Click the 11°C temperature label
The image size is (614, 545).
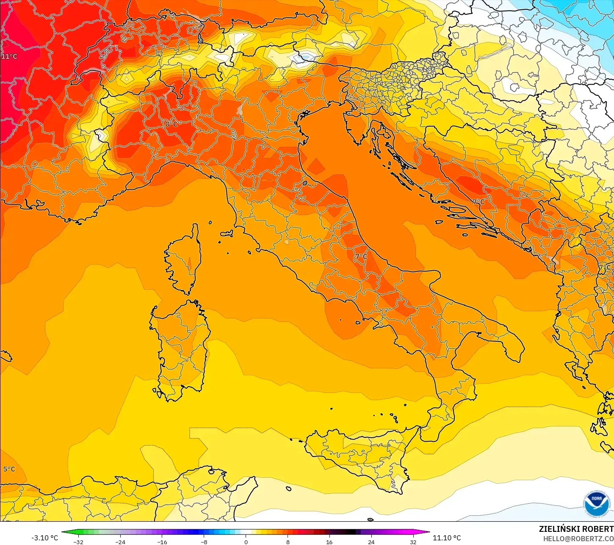pos(9,57)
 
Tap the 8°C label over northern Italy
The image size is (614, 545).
pos(171,124)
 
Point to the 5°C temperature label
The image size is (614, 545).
pos(9,469)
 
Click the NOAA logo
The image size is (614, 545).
pos(596,504)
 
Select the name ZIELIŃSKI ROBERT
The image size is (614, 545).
pos(576,529)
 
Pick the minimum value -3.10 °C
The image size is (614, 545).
pos(44,538)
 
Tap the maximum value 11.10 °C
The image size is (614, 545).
pos(447,538)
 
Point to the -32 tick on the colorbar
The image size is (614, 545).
pos(78,542)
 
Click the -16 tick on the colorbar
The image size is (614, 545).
pos(162,542)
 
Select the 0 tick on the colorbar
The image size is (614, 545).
pos(246,542)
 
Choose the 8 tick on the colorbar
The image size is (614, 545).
pos(288,542)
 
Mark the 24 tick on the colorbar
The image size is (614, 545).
pos(371,542)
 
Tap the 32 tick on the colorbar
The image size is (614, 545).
pos(413,542)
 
